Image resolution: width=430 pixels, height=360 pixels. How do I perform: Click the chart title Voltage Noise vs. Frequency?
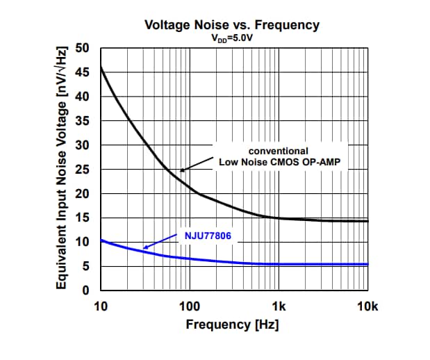click(231, 25)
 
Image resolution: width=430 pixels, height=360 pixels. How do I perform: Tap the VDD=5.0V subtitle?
click(231, 40)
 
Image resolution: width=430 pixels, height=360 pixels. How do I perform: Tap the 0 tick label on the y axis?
click(88, 290)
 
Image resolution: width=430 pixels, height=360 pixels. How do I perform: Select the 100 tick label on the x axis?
click(190, 306)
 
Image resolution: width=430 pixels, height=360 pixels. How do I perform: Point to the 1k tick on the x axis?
click(279, 306)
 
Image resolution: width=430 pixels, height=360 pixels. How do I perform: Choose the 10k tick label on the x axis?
click(367, 306)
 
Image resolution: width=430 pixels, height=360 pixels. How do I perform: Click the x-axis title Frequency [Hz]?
click(232, 325)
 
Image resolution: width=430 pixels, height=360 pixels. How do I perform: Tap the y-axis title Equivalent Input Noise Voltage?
click(63, 169)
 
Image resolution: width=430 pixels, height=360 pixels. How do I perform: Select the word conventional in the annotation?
click(278, 151)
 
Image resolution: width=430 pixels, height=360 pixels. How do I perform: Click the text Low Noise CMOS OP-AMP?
click(278, 162)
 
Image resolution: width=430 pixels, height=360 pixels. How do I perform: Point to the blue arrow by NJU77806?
click(161, 242)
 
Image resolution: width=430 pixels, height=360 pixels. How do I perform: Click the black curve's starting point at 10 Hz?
click(101, 67)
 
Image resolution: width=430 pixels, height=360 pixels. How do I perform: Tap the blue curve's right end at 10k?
click(367, 264)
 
